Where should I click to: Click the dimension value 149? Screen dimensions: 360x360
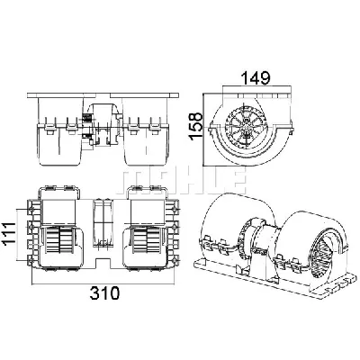[x=256, y=78]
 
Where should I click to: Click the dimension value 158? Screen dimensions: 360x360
[x=196, y=125]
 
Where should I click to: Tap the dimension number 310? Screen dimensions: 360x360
[x=104, y=293]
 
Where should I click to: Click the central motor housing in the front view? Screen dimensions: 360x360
[x=103, y=126]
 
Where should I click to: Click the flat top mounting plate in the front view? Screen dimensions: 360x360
[x=103, y=95]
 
